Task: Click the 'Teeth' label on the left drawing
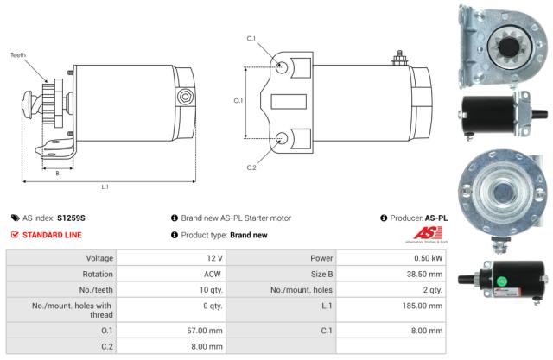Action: coord(18,54)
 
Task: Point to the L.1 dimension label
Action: coord(105,186)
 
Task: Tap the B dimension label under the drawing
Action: coord(57,173)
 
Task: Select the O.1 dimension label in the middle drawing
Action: coord(238,100)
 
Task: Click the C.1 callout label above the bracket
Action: coord(251,39)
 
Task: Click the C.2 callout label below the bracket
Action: coord(251,167)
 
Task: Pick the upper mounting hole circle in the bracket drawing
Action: coord(282,66)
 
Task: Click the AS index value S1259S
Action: coord(72,218)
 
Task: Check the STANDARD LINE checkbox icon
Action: coord(15,235)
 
